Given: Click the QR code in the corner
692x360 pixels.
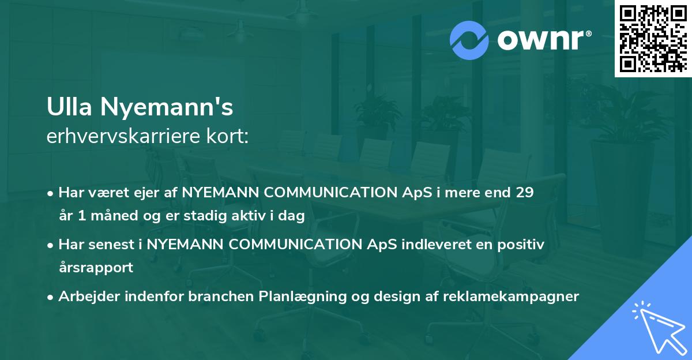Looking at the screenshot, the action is pos(653,39).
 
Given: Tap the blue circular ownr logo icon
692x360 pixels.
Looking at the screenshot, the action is pos(469,40).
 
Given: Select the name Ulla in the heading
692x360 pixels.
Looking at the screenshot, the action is pos(69,107).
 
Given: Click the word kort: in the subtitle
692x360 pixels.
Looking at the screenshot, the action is pos(227,136).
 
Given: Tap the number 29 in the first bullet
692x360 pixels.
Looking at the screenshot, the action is pos(525,193).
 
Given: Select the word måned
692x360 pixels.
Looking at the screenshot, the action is pos(114,215).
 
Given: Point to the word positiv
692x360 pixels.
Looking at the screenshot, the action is pos(521,245).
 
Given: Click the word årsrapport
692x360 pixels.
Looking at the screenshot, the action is pos(96,268).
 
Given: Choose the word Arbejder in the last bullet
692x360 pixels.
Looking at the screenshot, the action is pos(89,297).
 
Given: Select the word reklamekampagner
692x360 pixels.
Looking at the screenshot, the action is pos(511,297).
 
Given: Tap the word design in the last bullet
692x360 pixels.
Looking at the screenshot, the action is pos(396,297).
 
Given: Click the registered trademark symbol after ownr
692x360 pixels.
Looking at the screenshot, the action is pos(589,33).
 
